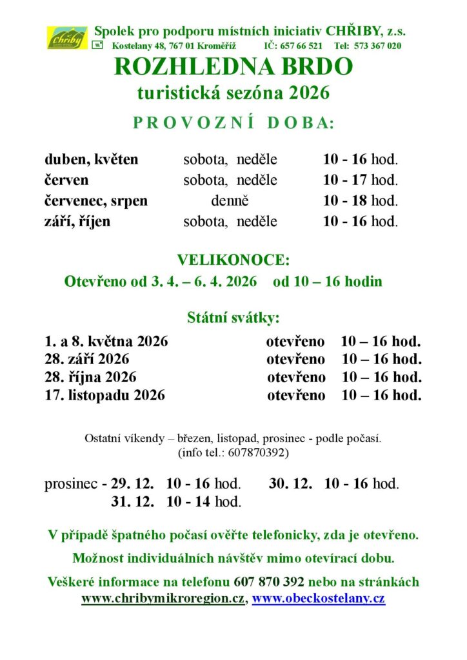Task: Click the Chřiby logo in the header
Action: click(66, 37)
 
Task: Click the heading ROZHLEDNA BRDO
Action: click(234, 67)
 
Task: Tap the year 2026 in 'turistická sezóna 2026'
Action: click(308, 93)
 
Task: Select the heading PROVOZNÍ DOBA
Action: click(234, 124)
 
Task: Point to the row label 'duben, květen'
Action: click(91, 159)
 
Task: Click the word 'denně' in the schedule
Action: click(230, 200)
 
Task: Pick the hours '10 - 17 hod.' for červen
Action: click(361, 180)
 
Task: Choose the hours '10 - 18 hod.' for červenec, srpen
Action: click(361, 200)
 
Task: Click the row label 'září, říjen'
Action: click(77, 221)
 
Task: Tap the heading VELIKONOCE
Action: click(234, 260)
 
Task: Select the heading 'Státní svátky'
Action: click(234, 317)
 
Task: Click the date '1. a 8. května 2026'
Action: click(106, 341)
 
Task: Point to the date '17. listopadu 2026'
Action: click(104, 395)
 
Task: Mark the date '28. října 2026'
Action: click(90, 377)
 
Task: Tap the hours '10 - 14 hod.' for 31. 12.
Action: click(203, 501)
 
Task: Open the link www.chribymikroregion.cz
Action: click(163, 598)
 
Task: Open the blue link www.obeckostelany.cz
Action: click(318, 598)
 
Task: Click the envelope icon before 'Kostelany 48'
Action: click(97, 44)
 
